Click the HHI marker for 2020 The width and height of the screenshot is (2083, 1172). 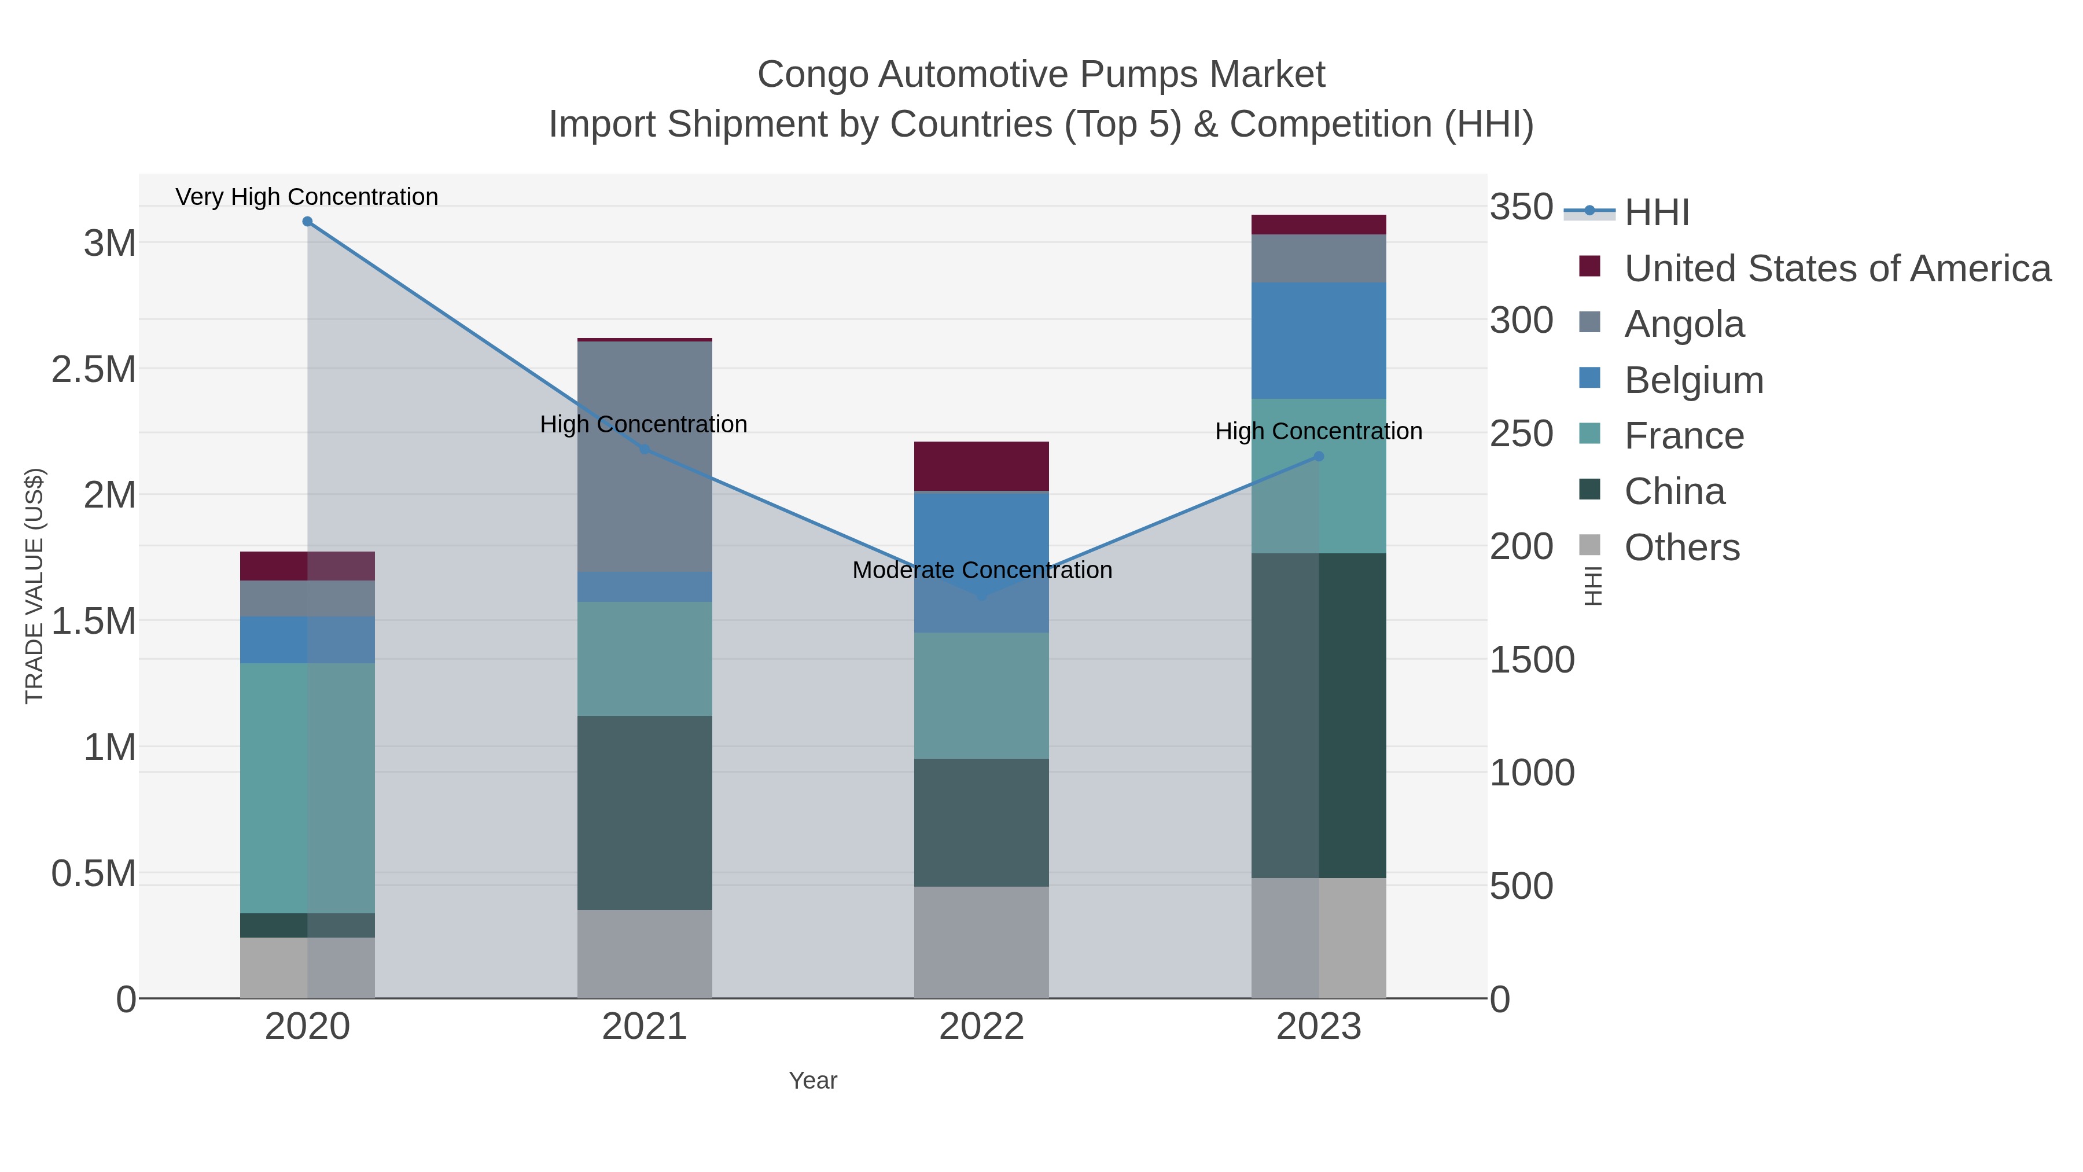(307, 222)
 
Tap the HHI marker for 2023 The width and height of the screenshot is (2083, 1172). (1319, 456)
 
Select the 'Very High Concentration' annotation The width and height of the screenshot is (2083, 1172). (307, 197)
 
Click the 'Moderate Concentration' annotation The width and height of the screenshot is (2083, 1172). (982, 570)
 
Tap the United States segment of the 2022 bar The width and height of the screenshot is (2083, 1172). (982, 466)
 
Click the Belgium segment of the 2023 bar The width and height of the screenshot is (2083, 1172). (1319, 340)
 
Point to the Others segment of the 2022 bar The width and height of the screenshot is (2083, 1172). (982, 942)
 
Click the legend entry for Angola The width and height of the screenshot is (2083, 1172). (1684, 324)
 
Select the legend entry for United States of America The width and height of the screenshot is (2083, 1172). (1837, 269)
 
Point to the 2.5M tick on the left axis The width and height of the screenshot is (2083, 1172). (94, 370)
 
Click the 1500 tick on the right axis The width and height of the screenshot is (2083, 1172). (1532, 660)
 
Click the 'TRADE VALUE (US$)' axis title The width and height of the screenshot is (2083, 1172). (35, 586)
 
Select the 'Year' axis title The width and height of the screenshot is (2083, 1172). (813, 1081)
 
